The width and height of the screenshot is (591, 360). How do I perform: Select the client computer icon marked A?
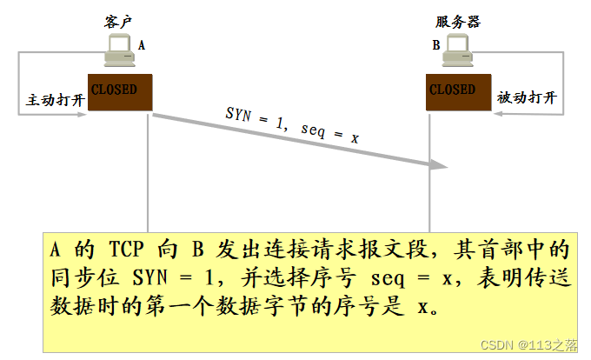(x=121, y=54)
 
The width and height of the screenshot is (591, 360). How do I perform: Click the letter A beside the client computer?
(x=142, y=43)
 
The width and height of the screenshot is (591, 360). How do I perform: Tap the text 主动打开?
(x=56, y=100)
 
